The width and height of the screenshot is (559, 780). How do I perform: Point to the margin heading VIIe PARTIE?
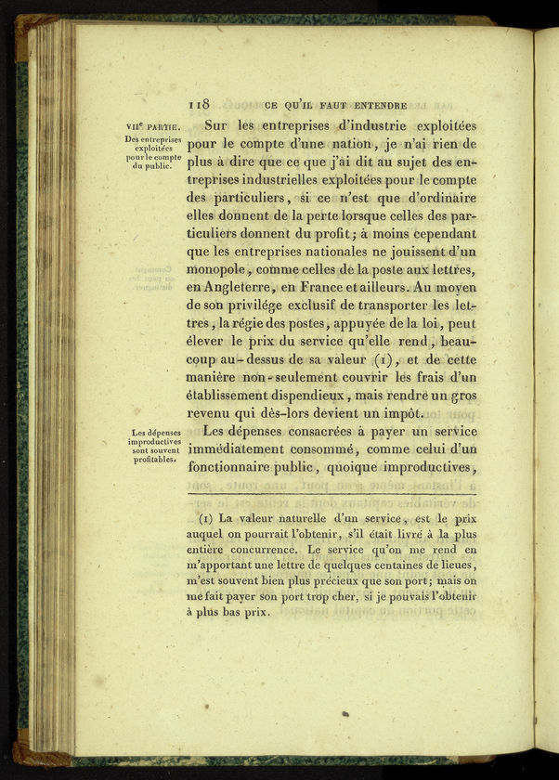click(153, 127)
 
